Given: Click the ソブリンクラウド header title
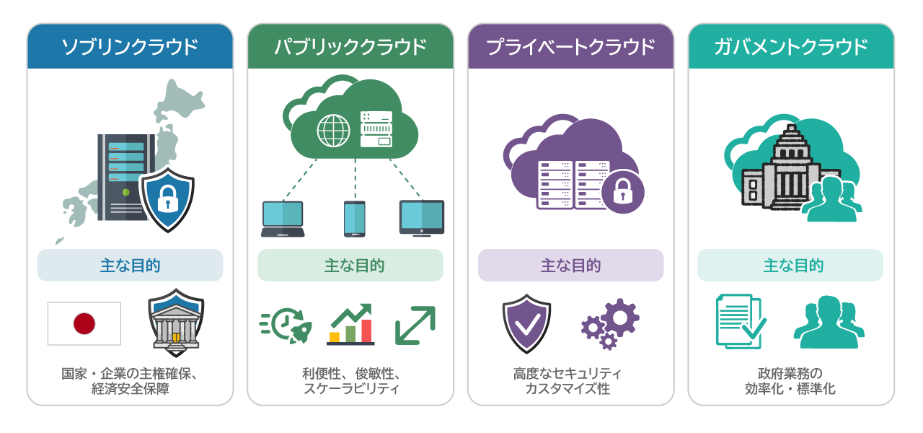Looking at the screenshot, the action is (130, 47).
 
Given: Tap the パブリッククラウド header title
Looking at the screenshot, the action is (350, 47).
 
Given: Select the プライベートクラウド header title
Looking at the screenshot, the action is (570, 47).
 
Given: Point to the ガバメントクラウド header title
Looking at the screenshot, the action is (791, 47).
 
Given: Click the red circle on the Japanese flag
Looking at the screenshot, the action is (84, 323).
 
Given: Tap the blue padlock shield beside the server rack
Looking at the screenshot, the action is (167, 200).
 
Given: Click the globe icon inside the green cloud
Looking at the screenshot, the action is (333, 131).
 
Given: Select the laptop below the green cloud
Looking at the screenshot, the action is (283, 219).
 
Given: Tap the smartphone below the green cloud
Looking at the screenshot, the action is (354, 219).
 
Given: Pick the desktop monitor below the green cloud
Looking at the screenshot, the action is (422, 218).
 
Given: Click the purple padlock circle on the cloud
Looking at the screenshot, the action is (623, 192).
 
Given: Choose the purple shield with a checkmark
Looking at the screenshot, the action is (526, 324).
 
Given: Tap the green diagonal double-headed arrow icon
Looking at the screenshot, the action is (415, 325).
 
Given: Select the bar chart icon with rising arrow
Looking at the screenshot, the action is (350, 324).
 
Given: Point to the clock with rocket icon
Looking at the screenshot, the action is (286, 325).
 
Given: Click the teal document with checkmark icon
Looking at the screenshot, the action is (741, 321).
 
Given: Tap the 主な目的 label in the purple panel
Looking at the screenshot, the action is (570, 265).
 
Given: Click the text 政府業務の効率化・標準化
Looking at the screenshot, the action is (790, 381).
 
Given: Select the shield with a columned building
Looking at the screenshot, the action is (176, 323).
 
